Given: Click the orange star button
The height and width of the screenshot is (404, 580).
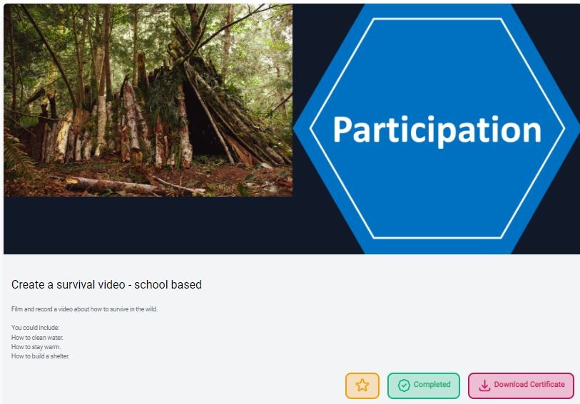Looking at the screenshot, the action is (362, 385).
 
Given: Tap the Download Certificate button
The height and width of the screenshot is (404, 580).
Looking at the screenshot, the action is (521, 385).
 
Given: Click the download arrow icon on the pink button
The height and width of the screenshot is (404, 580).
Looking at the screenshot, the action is (484, 385).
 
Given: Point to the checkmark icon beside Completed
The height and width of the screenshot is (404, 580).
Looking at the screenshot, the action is (404, 385).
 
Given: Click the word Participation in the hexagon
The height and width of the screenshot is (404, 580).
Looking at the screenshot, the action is (437, 130).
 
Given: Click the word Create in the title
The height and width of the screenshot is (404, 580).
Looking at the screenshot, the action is (28, 285).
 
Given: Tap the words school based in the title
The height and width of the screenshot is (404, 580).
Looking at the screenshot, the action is (168, 285).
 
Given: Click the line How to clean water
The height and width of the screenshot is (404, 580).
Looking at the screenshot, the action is (37, 338).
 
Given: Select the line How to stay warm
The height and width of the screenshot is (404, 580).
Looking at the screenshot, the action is (36, 347).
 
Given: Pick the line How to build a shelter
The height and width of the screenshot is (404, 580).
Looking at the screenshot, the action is (41, 356).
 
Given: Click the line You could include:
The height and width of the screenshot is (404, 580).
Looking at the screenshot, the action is (36, 328).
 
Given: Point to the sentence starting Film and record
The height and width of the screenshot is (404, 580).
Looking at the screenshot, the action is (85, 309).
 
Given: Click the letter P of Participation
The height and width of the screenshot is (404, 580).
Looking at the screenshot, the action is (342, 128).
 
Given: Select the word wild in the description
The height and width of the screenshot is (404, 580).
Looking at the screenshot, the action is (151, 309).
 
